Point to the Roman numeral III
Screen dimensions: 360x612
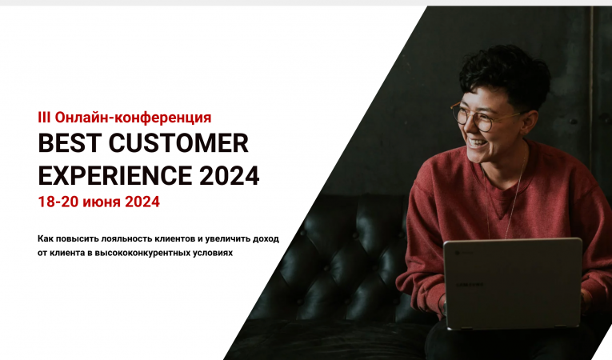click(44, 117)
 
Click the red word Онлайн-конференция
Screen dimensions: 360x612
click(134, 117)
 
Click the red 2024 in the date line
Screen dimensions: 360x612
click(142, 202)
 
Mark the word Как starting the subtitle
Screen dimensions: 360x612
click(46, 238)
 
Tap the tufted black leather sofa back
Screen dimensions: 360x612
click(336, 240)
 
